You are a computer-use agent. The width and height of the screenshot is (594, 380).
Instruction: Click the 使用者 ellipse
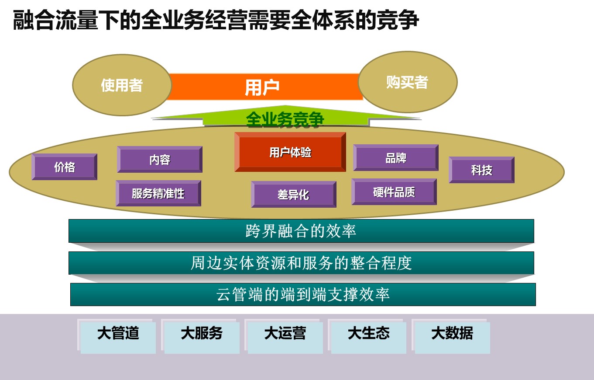pos(122,85)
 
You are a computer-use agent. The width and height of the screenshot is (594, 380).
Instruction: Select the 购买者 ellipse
pos(408,82)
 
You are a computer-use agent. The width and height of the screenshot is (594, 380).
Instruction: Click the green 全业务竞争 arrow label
pos(285,119)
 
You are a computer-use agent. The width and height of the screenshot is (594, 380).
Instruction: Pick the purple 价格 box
pos(65,167)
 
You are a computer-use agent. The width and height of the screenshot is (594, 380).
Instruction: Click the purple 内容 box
pos(160,160)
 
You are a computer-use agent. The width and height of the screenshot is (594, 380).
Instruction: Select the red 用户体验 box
pos(290,152)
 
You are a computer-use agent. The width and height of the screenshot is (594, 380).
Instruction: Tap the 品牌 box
pos(396,157)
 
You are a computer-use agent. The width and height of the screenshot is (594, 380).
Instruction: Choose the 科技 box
pos(481,170)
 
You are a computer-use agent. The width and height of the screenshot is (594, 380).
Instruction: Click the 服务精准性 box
pos(158,193)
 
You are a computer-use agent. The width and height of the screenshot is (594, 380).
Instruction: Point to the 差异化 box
pos(294,194)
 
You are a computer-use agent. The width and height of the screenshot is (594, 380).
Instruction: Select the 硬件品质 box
pos(394,192)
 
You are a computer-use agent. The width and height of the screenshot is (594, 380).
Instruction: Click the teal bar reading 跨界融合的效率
pos(301,230)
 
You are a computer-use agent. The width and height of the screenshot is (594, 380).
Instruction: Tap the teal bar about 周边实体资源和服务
pos(301,263)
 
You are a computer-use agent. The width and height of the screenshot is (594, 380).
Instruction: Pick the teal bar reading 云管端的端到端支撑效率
pos(303,294)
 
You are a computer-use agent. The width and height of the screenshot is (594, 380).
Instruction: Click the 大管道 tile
pos(117,336)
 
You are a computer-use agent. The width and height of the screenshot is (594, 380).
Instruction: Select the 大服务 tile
pos(201,336)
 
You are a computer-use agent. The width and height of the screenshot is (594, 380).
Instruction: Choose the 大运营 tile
pos(284,336)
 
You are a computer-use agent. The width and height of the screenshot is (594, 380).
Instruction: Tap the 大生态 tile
pos(367,336)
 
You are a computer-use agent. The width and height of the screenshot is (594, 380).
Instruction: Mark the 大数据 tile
pos(451,336)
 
